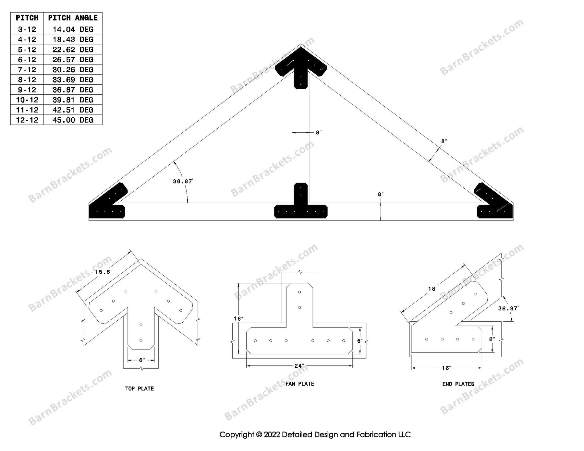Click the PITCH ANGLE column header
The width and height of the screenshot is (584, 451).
[73, 18]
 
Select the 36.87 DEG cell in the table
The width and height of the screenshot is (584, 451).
[73, 90]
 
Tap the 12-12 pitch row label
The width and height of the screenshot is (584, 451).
[27, 120]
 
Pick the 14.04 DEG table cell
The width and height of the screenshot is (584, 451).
[73, 30]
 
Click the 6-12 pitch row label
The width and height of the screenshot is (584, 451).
[27, 60]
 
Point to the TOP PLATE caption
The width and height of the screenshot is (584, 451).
[140, 388]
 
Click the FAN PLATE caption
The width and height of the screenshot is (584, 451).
[299, 384]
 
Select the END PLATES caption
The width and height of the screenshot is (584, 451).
[458, 384]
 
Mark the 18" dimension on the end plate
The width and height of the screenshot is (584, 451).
[433, 289]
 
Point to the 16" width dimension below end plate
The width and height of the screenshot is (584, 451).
[446, 368]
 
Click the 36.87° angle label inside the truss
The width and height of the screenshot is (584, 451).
[183, 182]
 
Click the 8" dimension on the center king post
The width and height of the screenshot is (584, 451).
[319, 133]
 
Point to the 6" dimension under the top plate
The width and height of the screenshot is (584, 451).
[141, 360]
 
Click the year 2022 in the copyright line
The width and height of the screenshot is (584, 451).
[272, 434]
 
